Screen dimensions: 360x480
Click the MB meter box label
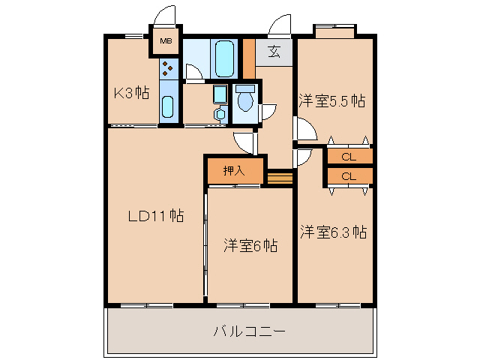pyautogui.click(x=166, y=42)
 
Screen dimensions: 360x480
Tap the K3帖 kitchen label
pyautogui.click(x=130, y=94)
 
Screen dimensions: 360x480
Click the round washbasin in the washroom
pyautogui.click(x=219, y=114)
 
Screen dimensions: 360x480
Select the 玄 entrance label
pyautogui.click(x=274, y=52)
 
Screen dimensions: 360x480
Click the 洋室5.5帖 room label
pyautogui.click(x=332, y=100)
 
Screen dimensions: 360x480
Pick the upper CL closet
pyautogui.click(x=349, y=157)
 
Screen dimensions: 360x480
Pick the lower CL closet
pyautogui.click(x=349, y=176)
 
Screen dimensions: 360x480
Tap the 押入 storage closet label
pyautogui.click(x=234, y=170)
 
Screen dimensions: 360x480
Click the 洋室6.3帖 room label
pyautogui.click(x=334, y=232)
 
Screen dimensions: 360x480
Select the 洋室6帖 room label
pyautogui.click(x=250, y=245)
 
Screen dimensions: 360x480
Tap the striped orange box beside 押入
pyautogui.click(x=278, y=178)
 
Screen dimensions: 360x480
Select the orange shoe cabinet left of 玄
pyautogui.click(x=248, y=57)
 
